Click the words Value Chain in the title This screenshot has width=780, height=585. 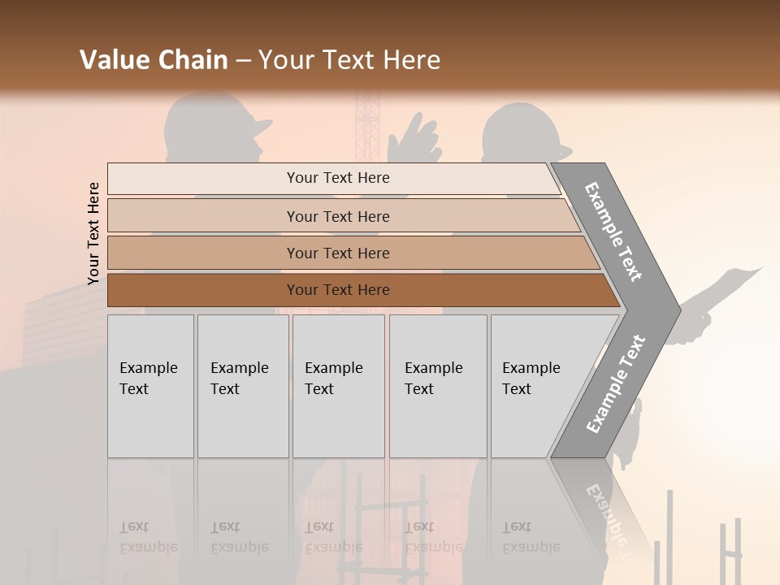154,60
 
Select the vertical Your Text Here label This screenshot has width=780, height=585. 93,233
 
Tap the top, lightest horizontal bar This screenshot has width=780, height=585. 337,178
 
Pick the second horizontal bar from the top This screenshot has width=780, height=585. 337,216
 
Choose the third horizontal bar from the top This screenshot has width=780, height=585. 337,253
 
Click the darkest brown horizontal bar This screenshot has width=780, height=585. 337,290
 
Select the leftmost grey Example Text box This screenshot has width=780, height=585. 150,386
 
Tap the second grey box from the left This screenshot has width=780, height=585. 242,386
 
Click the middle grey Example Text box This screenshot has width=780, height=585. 338,386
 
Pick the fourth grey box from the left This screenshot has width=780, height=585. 437,386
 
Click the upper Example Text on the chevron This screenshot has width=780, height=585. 613,232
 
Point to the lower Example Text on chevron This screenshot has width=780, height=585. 615,384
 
